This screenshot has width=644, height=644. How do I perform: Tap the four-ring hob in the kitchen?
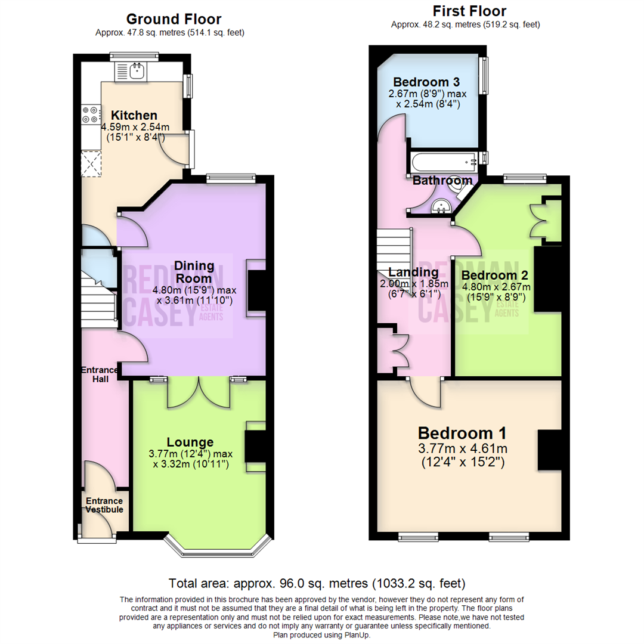tap(91, 114)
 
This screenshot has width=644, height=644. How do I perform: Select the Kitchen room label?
tap(134, 115)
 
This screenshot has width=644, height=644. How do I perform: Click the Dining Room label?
tap(194, 272)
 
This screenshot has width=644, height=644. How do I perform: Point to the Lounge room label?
tap(190, 442)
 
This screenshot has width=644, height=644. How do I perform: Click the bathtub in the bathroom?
tap(444, 163)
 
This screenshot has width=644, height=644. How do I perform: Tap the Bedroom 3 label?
tap(426, 82)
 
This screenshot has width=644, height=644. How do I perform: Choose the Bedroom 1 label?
tap(462, 434)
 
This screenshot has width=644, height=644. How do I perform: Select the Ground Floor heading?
tap(174, 19)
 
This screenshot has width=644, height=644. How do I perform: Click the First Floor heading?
tap(469, 11)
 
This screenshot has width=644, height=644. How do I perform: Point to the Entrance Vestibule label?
tap(104, 505)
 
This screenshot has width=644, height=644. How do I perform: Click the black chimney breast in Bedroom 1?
tap(550, 450)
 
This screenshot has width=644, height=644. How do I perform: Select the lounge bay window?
tap(218, 546)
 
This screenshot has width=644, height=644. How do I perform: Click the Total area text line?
tap(317, 583)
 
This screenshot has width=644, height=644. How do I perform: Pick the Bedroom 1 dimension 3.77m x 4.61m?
tap(463, 448)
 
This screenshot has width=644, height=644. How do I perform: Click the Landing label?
tap(414, 272)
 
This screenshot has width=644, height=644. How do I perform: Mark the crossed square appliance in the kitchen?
tap(91, 163)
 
